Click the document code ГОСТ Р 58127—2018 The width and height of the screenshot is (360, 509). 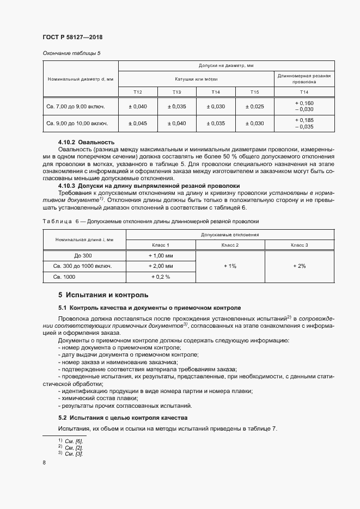72,37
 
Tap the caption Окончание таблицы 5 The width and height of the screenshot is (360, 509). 71,53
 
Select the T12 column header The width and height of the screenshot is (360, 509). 138,92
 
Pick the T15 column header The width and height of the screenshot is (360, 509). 255,92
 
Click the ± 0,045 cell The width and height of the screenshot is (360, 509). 138,124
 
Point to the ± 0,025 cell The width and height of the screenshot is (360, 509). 255,106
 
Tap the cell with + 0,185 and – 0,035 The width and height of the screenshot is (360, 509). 303,123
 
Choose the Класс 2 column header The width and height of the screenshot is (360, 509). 230,246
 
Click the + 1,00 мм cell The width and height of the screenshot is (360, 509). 161,256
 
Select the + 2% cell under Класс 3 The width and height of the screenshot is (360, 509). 299,266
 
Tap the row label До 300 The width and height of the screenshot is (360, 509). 84,256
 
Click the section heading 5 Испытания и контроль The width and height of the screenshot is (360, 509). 103,295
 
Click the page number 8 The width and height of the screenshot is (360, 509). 44,463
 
